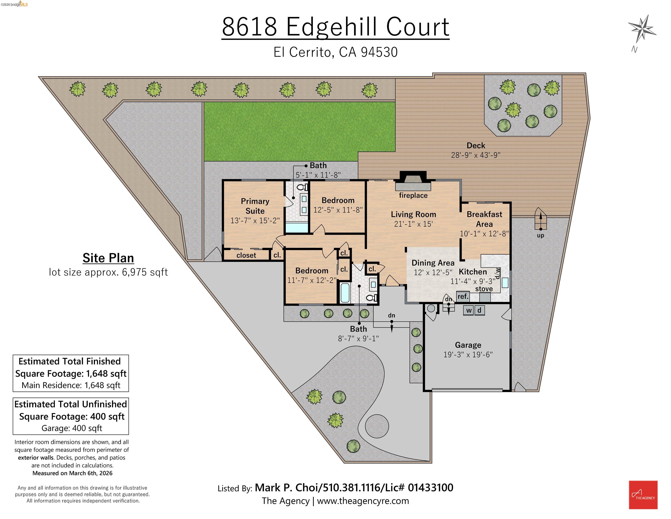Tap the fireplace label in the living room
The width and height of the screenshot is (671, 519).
point(413,196)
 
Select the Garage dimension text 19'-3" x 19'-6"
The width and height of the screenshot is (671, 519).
point(468,355)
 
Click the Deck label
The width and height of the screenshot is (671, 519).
point(476,146)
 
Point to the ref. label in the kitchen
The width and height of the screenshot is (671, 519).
point(463,296)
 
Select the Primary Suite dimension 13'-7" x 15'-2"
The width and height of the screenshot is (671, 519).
point(255,221)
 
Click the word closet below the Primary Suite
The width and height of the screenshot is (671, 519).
point(246,255)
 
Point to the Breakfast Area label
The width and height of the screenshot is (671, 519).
point(484,219)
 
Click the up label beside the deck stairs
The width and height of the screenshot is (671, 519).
point(540,236)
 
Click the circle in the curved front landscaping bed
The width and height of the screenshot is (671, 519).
point(377,426)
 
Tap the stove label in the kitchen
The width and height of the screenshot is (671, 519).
point(484,289)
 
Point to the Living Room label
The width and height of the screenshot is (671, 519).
point(413,214)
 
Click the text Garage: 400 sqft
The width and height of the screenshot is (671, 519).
point(72,428)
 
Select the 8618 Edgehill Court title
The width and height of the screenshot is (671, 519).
point(335,27)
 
